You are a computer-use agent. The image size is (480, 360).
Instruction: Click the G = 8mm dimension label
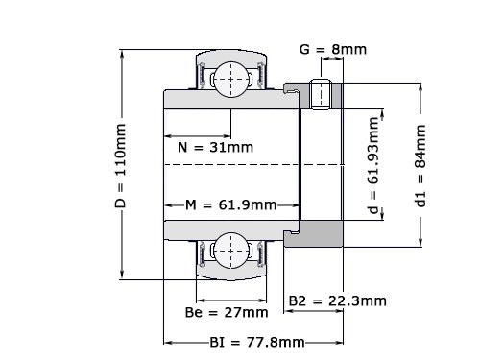(333, 49)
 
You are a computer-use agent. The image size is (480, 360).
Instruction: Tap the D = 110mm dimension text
(121, 166)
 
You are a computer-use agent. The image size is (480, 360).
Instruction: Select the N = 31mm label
(215, 147)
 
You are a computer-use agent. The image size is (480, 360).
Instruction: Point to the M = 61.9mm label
(231, 204)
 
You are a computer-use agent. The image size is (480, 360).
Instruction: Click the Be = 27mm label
(227, 312)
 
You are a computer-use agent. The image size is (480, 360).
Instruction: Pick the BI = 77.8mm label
(257, 343)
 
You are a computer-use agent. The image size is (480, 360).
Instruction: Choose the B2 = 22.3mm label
(338, 300)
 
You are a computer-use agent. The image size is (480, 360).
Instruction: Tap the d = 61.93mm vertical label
(373, 165)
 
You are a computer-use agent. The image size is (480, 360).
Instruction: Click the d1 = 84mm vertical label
(420, 166)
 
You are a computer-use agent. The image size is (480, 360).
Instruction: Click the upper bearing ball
(231, 80)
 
